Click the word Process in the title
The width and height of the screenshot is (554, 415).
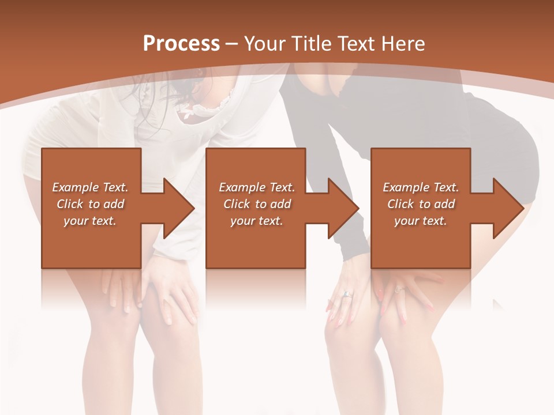pos(181,44)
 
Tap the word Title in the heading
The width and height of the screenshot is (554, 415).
pos(305,44)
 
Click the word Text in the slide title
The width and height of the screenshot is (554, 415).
pos(354,44)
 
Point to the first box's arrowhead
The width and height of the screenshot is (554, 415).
pos(178,208)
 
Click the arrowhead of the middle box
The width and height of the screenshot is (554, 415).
pos(343,208)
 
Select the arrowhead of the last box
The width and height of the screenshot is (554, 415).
pos(508,208)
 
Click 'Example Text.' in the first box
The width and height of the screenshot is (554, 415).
pos(90,187)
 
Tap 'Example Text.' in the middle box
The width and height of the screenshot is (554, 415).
pos(256,187)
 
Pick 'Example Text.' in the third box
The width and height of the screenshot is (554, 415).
pos(421,187)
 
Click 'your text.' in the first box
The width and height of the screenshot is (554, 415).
pos(90,221)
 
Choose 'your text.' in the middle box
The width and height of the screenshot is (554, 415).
pos(256,221)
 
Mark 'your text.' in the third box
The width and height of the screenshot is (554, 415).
pos(421,221)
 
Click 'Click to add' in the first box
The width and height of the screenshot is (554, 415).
pos(90,204)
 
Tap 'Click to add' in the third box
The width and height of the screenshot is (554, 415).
pos(421,204)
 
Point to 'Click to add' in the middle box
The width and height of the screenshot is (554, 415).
pos(256,204)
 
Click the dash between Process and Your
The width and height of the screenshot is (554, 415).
pos(232,44)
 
